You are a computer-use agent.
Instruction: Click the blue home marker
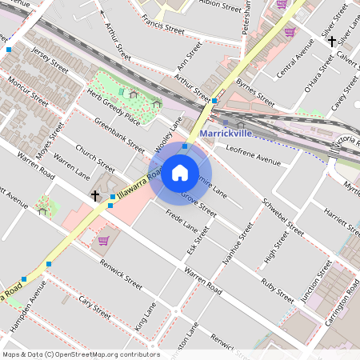(x=180, y=173)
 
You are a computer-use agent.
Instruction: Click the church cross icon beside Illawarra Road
(x=94, y=195)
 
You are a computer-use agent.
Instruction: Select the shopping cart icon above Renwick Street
(x=103, y=240)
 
